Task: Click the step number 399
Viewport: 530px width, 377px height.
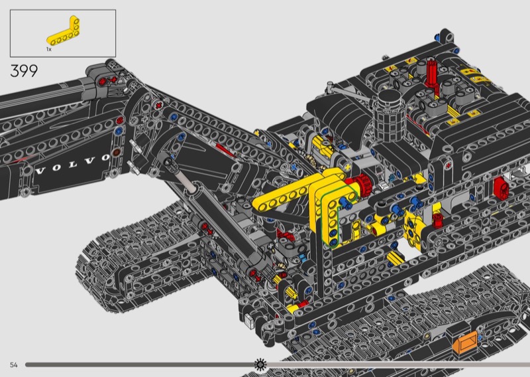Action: (24, 71)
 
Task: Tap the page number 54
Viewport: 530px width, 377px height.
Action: (14, 365)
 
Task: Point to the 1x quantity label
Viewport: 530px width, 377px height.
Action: (49, 50)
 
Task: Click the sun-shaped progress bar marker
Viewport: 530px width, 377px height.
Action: (260, 364)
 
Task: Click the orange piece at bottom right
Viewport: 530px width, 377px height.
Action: (466, 341)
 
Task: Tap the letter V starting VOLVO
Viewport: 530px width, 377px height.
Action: (40, 171)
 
